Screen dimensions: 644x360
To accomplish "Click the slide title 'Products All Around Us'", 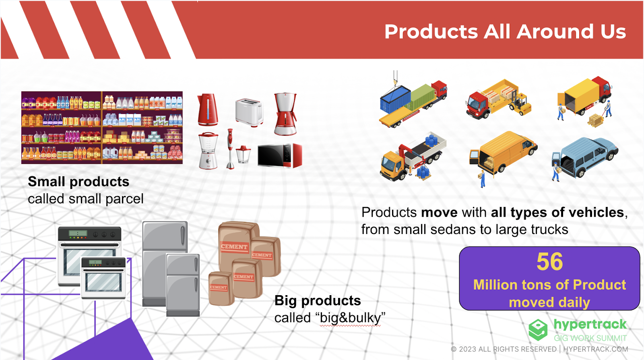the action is click(505, 31).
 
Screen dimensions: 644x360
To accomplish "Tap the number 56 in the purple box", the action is click(550, 262).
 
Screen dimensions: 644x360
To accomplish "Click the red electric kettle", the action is click(208, 110).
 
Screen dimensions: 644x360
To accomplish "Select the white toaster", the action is click(249, 112).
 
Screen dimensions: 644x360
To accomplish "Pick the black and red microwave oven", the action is click(280, 155).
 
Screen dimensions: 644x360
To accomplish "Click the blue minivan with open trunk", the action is click(585, 157).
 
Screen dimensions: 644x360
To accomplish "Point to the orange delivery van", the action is click(504, 152).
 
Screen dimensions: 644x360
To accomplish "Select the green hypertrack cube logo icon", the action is click(538, 329).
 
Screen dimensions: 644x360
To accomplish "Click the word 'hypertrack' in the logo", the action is click(590, 325).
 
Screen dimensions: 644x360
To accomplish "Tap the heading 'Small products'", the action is click(78, 182).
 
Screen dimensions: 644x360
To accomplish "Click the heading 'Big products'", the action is click(318, 301).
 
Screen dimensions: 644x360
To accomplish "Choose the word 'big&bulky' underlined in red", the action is click(350, 318).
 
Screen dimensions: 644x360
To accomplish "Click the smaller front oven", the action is click(103, 278).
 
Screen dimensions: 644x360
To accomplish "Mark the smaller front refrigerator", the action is click(183, 285).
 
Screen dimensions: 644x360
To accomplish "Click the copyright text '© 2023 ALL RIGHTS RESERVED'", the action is click(504, 350).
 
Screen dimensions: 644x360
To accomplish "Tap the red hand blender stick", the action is click(230, 149).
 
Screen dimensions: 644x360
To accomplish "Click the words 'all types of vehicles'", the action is click(557, 213).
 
